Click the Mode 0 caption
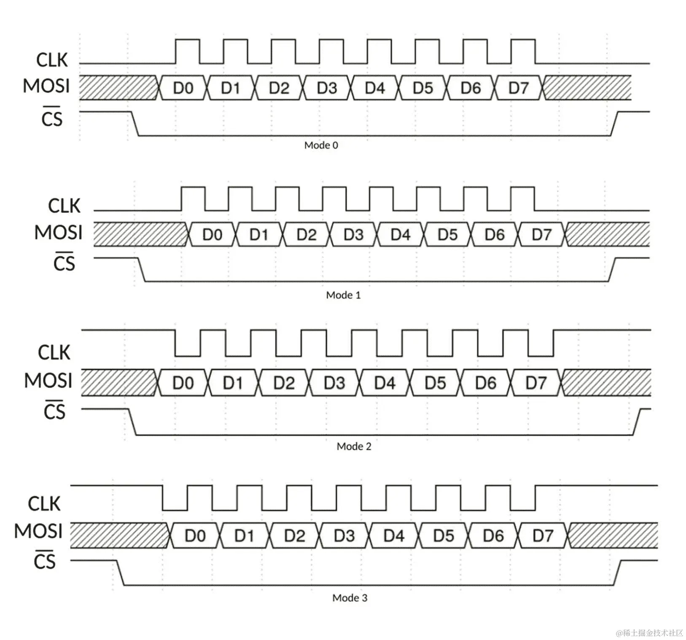(321, 145)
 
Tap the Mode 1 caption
(343, 295)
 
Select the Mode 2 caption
(354, 446)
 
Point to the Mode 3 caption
(350, 598)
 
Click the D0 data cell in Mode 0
(183, 88)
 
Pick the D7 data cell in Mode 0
(519, 88)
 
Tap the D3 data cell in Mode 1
(353, 234)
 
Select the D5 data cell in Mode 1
(447, 234)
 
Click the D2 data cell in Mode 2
(284, 383)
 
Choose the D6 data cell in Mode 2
(486, 383)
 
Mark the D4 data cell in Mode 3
(394, 536)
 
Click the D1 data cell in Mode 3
(245, 536)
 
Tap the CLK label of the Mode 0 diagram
(52, 60)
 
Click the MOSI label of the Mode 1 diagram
(58, 233)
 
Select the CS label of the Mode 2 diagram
(54, 411)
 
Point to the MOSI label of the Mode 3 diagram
(38, 531)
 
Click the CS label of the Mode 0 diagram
(52, 118)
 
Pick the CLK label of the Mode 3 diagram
(44, 504)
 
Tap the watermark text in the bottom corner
(649, 632)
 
